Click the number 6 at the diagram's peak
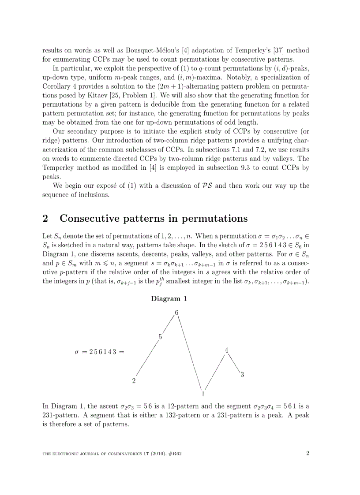pos(176,313)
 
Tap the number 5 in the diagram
pos(160,337)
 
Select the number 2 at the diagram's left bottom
pos(134,381)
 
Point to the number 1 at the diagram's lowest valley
pos(203,394)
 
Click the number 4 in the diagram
pos(226,350)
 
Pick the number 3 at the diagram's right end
pos(242,375)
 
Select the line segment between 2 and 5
pos(147,359)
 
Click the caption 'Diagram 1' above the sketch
pos(169,298)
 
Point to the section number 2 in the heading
pos(45,219)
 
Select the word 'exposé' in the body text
pos(92,186)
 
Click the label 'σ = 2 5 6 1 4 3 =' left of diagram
pos(100,352)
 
